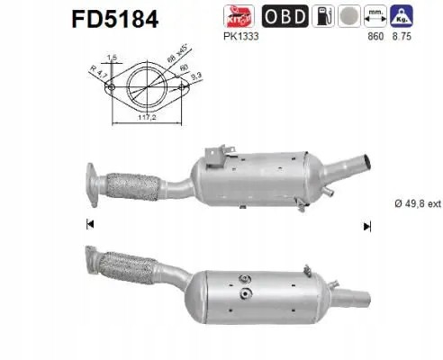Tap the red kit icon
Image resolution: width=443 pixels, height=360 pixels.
238,16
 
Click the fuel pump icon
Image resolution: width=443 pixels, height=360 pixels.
321,16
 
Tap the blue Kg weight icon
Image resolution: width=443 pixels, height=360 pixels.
402,16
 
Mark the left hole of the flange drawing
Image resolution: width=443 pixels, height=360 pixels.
109,87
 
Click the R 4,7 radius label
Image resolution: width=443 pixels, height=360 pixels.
94,73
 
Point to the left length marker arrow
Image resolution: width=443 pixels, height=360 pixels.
90,225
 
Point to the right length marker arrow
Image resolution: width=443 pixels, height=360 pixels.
366,225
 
